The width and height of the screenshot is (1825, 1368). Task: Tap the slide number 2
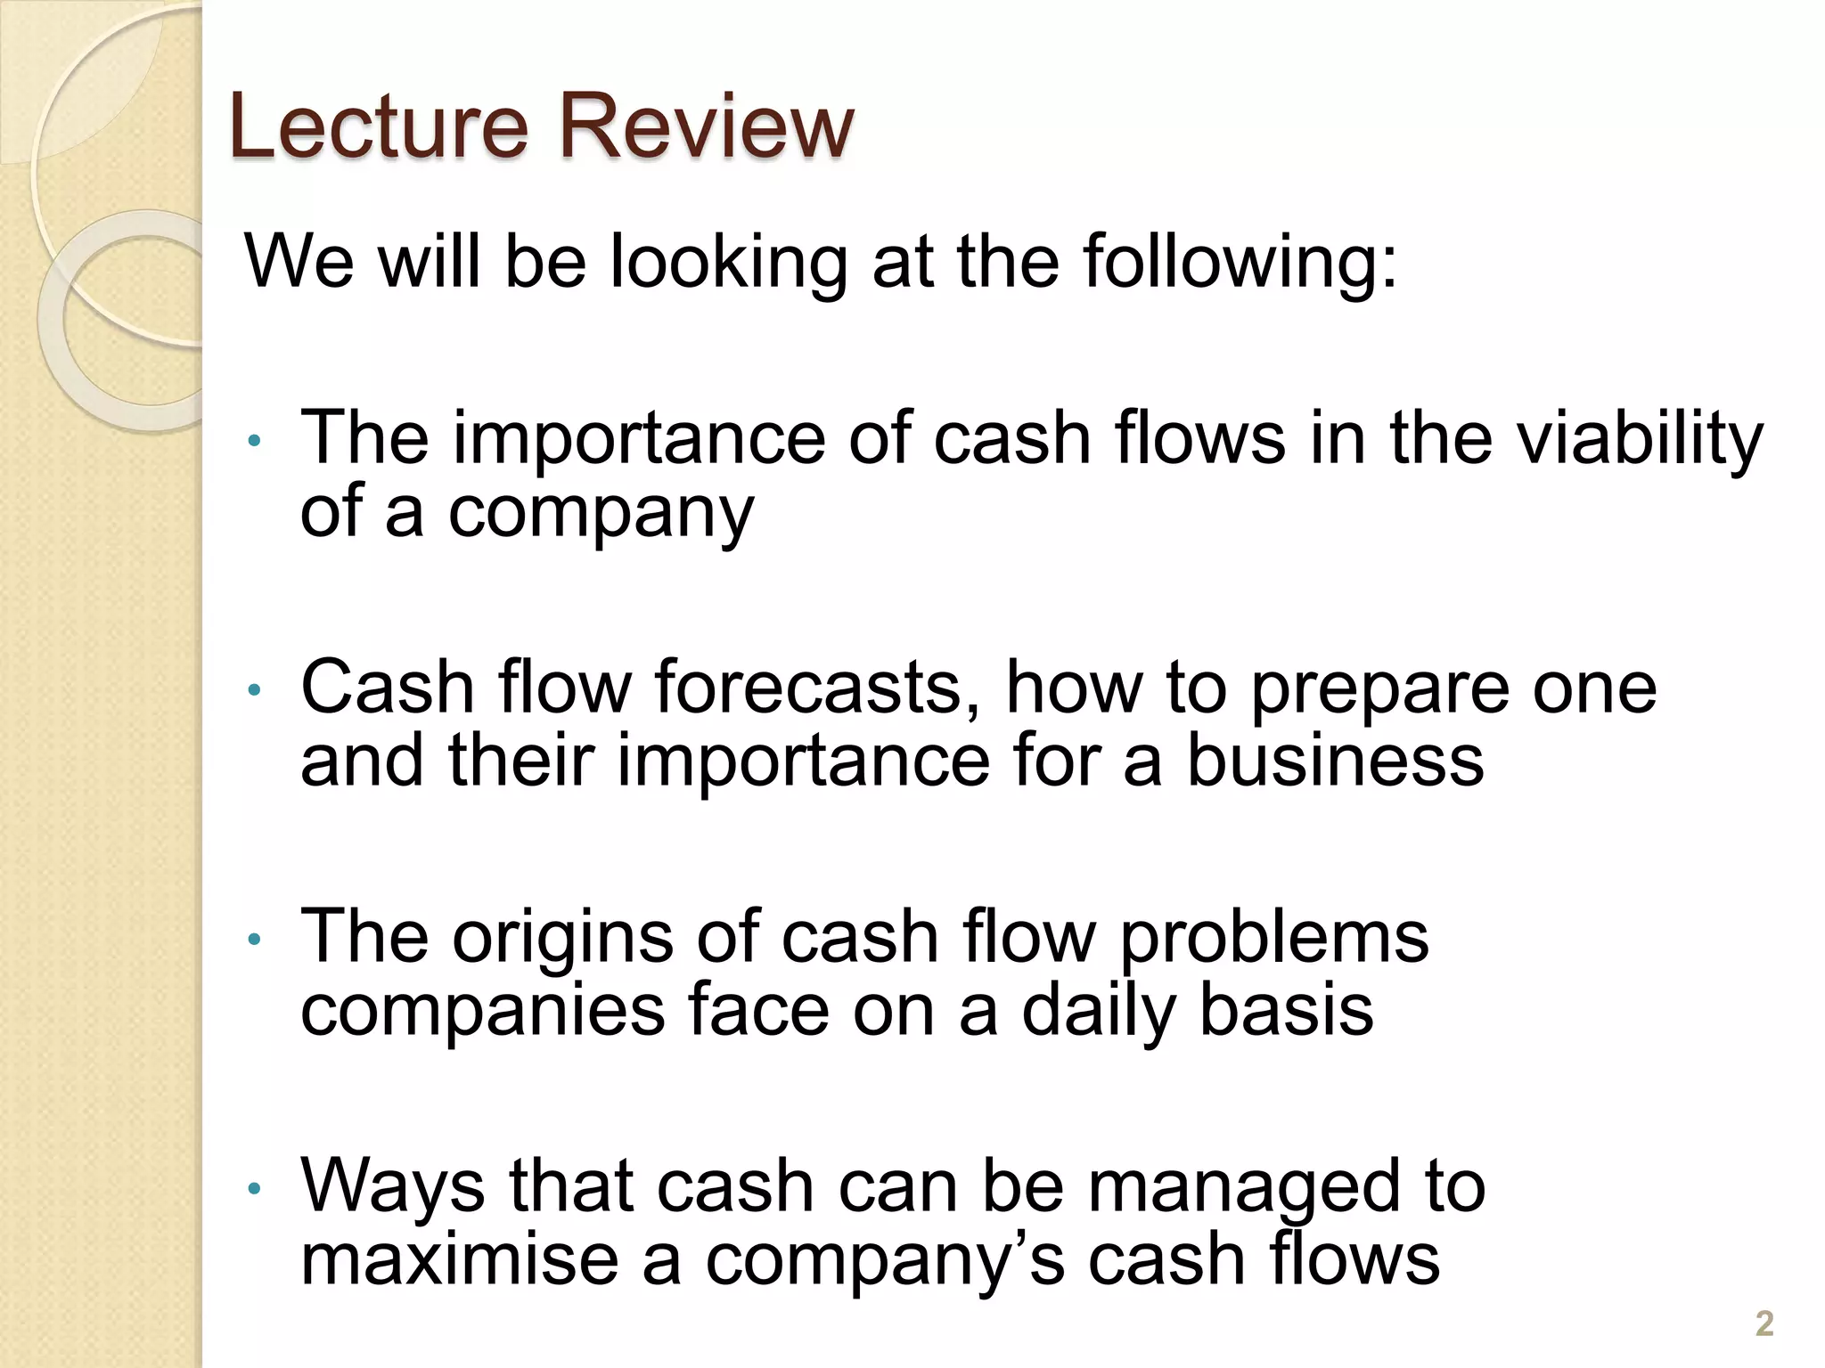1764,1323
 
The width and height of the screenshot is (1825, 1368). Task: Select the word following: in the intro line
1240,264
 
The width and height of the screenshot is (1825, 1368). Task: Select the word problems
1273,940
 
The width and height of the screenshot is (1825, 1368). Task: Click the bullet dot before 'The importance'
254,440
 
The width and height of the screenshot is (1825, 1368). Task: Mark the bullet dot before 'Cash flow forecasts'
254,688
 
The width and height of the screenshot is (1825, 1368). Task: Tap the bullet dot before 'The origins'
254,939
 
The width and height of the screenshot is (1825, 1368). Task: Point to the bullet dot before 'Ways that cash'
254,1188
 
